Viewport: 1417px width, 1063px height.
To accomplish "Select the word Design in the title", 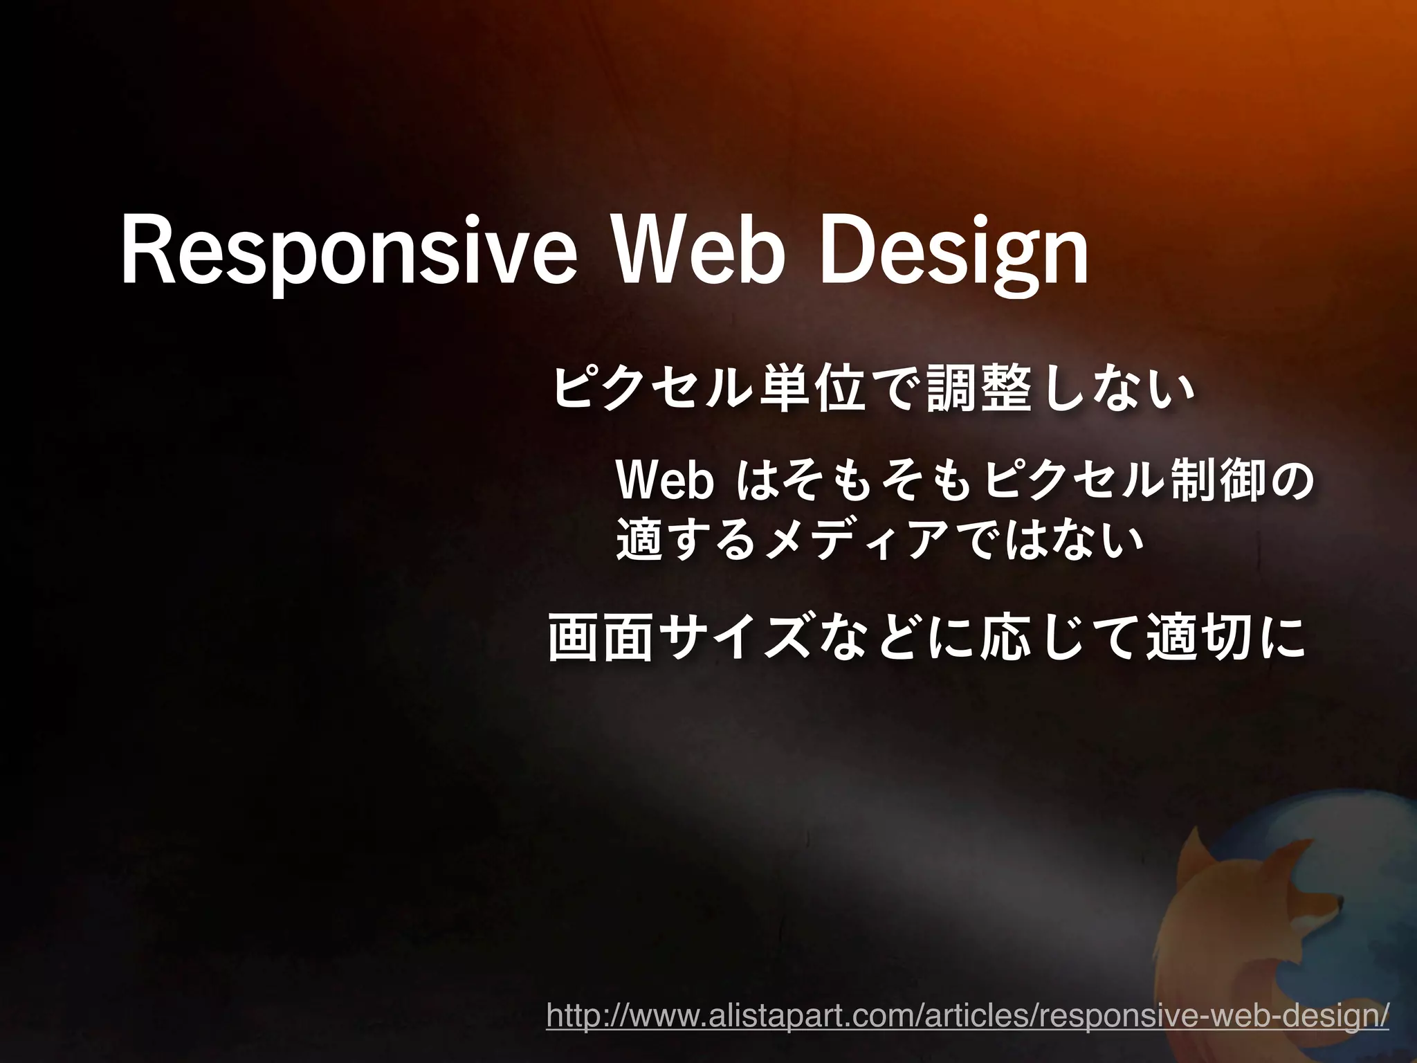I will [x=954, y=255].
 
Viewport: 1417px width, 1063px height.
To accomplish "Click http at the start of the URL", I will [x=570, y=1017].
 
